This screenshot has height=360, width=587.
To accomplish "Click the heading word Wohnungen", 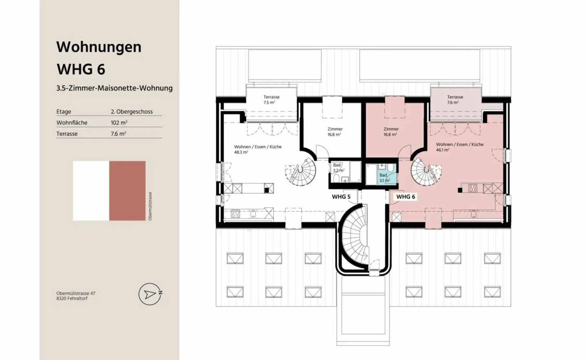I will (99, 47).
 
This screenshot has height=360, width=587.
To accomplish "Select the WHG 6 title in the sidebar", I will (81, 70).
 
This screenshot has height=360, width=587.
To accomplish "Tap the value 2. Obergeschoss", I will (132, 112).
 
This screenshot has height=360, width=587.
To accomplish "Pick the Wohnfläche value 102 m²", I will (119, 123).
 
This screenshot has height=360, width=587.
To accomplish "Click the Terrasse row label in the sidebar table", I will (67, 134).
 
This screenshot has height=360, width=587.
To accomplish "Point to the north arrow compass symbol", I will (150, 294).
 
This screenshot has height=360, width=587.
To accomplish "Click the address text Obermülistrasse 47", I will (76, 293).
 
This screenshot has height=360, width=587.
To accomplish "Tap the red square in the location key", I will (127, 191).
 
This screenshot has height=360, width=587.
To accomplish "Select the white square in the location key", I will (91, 191).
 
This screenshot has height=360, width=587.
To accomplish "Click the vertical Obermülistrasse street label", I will (150, 206).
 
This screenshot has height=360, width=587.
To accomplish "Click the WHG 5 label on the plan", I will (341, 197).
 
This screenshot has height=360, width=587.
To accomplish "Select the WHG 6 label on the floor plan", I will (406, 197).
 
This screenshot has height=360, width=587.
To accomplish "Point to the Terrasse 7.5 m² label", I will (271, 100).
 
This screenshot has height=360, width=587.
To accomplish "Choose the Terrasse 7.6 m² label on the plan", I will (455, 100).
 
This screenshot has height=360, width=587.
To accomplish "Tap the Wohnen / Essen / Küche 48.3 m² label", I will (257, 149).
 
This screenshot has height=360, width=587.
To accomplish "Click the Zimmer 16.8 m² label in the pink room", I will (391, 132).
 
